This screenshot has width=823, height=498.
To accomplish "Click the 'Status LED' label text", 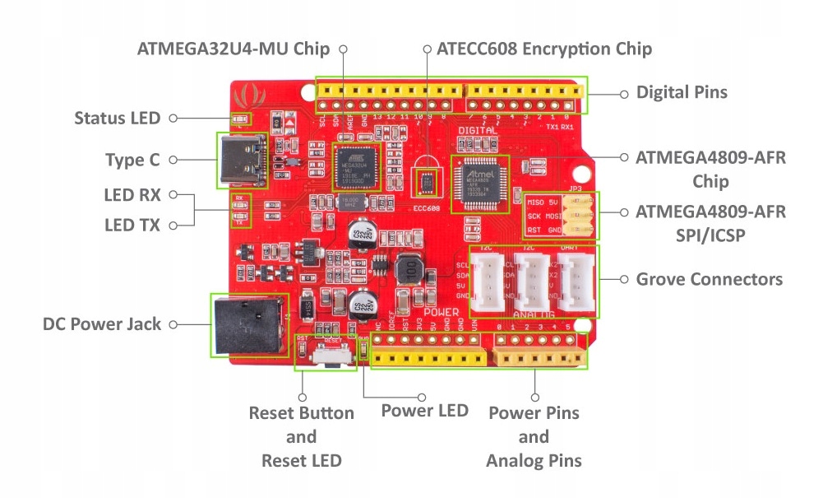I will click(x=117, y=118).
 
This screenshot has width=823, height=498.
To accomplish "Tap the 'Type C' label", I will click(x=132, y=160).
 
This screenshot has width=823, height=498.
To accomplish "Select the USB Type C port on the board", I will click(x=242, y=159).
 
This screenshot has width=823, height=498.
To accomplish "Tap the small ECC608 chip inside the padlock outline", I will click(x=427, y=179).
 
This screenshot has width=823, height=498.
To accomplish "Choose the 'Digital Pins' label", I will click(x=682, y=92).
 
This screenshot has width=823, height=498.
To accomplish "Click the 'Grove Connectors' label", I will click(x=709, y=279).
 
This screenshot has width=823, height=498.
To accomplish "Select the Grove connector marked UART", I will click(x=576, y=279).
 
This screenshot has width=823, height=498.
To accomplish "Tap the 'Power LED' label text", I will click(x=424, y=410).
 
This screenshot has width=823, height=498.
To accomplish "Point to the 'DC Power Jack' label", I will click(x=101, y=324).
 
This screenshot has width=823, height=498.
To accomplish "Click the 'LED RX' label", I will click(x=132, y=195).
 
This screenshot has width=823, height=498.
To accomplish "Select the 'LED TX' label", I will click(x=132, y=224).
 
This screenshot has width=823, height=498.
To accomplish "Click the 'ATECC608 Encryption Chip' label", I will click(x=544, y=49).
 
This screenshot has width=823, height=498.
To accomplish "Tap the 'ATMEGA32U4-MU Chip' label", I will click(x=233, y=49).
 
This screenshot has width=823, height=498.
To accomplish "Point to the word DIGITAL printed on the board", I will click(x=478, y=131).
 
